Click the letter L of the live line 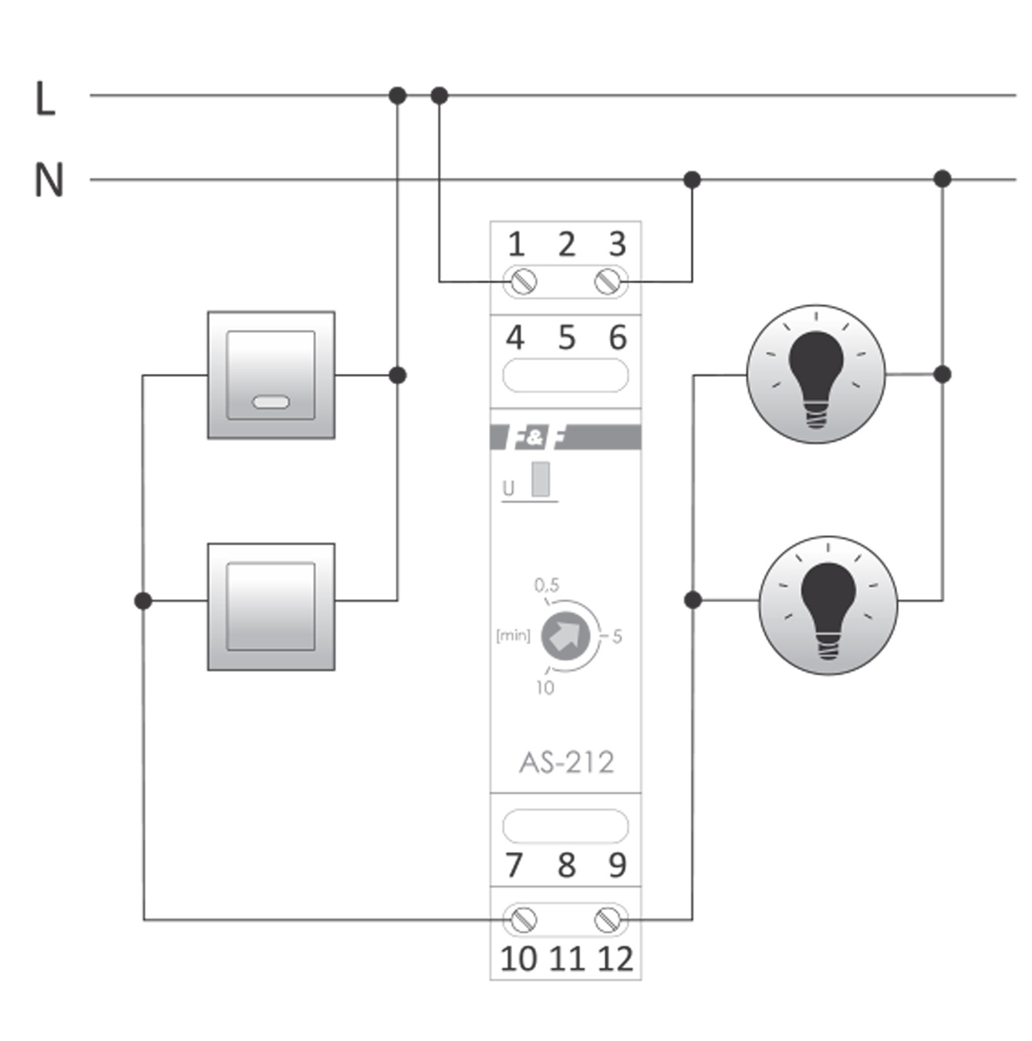pyautogui.click(x=46, y=99)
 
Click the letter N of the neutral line pyautogui.click(x=49, y=180)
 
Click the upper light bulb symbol pyautogui.click(x=816, y=374)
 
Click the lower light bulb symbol pyautogui.click(x=828, y=605)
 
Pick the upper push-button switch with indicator pyautogui.click(x=271, y=375)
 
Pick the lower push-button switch pyautogui.click(x=271, y=606)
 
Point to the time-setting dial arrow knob pyautogui.click(x=565, y=636)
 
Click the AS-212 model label pyautogui.click(x=567, y=763)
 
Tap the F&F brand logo pyautogui.click(x=535, y=438)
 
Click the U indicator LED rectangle pyautogui.click(x=541, y=479)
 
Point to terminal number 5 pyautogui.click(x=567, y=338)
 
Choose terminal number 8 pyautogui.click(x=567, y=865)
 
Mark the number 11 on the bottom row pyautogui.click(x=567, y=959)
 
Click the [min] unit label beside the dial pyautogui.click(x=513, y=636)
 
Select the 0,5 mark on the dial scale pyautogui.click(x=547, y=585)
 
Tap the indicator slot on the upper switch pyautogui.click(x=271, y=402)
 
